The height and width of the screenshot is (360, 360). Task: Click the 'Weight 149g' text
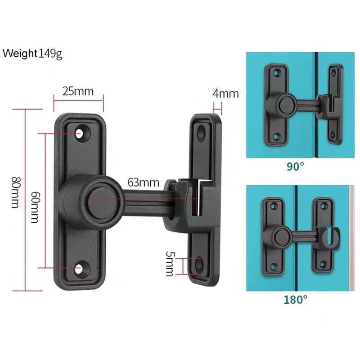coord(32,54)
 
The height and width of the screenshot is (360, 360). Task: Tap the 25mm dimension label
coord(78,91)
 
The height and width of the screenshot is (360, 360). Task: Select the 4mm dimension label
coord(225,94)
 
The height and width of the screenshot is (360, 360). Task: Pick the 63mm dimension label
coord(143,182)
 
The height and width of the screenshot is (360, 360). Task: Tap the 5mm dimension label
coord(169,263)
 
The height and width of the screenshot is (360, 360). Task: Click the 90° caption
coord(295,166)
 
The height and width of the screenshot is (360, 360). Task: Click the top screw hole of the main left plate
coord(80,134)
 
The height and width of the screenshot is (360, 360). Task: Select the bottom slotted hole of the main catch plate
coord(199,265)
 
